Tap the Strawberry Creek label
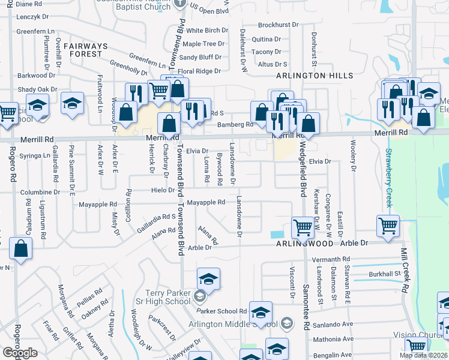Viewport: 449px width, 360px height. [389, 178]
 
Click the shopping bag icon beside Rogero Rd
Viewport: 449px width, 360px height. [20, 250]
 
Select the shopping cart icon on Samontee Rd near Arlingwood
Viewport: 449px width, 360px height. [303, 227]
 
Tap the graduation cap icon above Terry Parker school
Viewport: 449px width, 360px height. [208, 278]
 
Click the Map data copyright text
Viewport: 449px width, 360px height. [423, 355]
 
